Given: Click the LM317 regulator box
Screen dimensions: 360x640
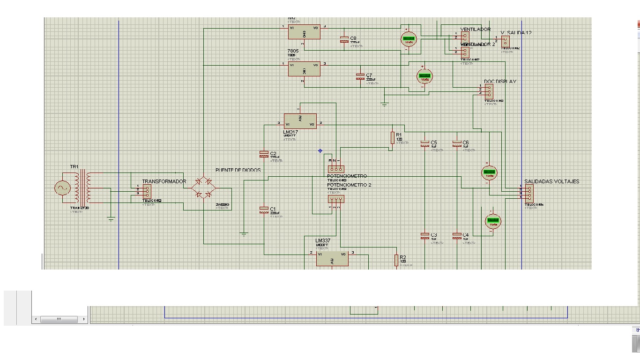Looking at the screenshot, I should coord(300,121).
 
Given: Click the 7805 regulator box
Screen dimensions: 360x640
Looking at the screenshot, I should coord(304,69).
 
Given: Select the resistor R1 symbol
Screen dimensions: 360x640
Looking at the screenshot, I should coord(393,137).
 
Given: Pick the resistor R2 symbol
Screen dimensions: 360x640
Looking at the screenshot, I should coord(396,260).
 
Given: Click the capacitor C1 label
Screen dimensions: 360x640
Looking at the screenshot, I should coord(273,209).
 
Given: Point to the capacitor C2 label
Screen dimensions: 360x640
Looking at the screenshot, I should coord(273,153).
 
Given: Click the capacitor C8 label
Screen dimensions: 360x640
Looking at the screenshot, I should coord(353,38).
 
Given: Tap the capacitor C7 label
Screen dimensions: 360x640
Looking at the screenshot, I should coord(369,75).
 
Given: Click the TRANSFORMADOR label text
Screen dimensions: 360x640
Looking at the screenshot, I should coord(164,181).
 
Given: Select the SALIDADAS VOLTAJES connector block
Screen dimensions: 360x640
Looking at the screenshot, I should coord(528,192).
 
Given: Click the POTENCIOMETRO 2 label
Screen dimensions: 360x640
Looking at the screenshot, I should coord(349,185).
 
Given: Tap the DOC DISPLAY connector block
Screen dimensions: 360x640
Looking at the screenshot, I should coord(489,91).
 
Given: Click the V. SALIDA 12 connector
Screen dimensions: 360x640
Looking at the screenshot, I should coord(505,41).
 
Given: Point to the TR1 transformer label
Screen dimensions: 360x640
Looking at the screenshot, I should coord(74,167).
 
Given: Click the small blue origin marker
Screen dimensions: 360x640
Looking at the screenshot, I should coord(320,151).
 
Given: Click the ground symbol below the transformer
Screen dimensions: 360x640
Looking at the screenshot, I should coord(111,218).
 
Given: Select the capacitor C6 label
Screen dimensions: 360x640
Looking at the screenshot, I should coord(465,142).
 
